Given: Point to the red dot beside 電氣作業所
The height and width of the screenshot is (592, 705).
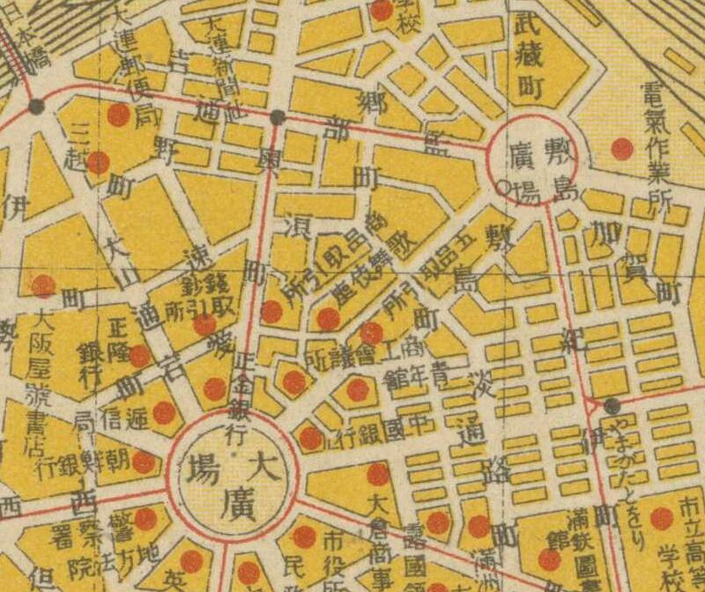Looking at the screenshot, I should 622,149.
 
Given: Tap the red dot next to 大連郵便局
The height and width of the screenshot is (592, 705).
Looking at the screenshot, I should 118,115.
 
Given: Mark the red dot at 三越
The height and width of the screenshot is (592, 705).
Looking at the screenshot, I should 98,162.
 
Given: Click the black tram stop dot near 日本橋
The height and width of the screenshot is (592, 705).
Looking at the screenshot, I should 36,106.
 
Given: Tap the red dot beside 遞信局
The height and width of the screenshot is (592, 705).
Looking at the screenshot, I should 164,412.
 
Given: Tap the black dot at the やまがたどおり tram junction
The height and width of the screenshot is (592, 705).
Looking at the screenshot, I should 612,405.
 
